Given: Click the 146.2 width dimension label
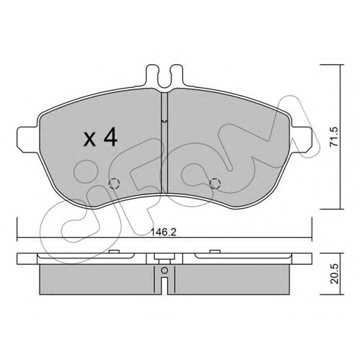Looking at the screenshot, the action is point(163,232).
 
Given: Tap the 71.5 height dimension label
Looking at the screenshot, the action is point(333,137).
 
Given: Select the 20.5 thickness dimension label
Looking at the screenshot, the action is point(333,274).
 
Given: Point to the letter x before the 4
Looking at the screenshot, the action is point(89,140).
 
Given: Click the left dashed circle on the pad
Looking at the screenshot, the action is point(114,184).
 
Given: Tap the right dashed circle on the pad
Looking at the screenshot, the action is point(215,184).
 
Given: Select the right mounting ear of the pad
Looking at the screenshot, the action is point(301,139).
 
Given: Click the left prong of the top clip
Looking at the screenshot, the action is point(153,75).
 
